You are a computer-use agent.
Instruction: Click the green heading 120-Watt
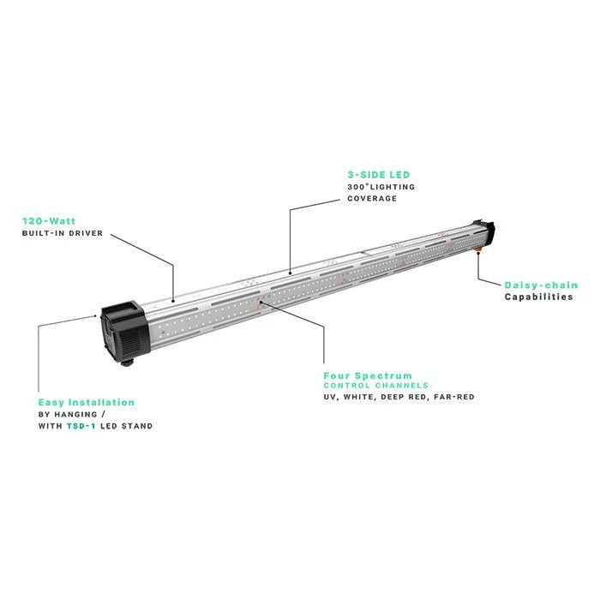tap(49, 221)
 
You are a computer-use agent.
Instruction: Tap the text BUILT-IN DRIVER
tap(63, 233)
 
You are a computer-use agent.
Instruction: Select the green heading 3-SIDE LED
tap(379, 175)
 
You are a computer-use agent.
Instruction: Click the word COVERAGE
tap(372, 198)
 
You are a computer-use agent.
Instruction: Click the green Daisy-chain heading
tap(541, 285)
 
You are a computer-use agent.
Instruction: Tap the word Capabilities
tap(538, 297)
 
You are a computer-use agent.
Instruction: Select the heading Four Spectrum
tap(368, 375)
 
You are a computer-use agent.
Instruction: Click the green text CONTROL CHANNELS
tap(375, 386)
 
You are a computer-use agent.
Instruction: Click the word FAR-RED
tap(454, 397)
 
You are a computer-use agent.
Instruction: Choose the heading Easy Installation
tap(86, 402)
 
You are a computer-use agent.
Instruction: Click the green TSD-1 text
tap(81, 426)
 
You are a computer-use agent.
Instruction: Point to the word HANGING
tap(75, 414)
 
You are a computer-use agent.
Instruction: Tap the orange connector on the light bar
tap(477, 250)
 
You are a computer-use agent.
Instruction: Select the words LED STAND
tap(126, 426)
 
